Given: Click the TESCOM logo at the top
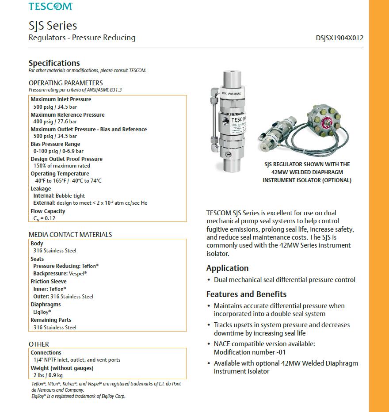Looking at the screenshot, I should [50, 6].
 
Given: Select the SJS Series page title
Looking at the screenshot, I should [53, 26].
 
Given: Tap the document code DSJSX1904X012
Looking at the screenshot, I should [339, 38].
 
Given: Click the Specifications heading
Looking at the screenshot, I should [54, 63].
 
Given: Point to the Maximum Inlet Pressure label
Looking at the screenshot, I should [61, 99].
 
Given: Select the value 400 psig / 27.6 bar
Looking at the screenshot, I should [55, 122].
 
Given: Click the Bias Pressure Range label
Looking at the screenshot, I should [55, 144].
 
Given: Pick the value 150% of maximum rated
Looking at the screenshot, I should [61, 166].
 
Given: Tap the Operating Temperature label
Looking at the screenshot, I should [60, 174].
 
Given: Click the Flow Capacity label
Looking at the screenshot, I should [48, 211].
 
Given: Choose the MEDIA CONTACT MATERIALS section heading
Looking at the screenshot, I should [70, 235].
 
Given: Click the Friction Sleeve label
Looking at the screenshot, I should [49, 282].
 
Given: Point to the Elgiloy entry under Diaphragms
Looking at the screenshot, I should [42, 312].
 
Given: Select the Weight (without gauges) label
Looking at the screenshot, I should [62, 368].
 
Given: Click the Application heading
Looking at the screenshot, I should [227, 268].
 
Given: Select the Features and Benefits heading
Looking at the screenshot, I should [246, 294].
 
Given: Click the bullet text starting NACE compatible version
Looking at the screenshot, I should [264, 344].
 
